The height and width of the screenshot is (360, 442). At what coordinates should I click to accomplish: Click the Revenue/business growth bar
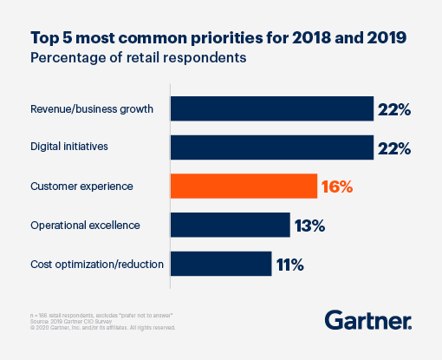point(271,108)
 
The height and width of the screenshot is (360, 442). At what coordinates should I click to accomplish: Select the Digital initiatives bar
point(271,147)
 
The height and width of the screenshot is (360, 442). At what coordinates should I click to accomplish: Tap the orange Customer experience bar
point(243,186)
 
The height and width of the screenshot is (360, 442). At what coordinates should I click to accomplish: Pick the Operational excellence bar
point(230,225)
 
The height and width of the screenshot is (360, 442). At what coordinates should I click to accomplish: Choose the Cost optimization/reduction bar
point(220,264)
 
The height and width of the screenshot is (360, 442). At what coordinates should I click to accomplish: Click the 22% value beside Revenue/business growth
point(393,109)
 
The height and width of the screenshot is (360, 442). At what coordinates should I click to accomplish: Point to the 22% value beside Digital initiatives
point(393,147)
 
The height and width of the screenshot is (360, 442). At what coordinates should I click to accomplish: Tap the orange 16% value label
point(336,187)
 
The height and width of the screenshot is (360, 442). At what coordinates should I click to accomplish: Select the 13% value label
point(309,226)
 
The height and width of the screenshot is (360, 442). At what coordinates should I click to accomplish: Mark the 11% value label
point(290,264)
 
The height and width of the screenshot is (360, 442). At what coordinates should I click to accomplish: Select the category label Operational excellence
point(84,226)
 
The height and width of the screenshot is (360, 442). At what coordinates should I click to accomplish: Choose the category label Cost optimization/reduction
point(97,264)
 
